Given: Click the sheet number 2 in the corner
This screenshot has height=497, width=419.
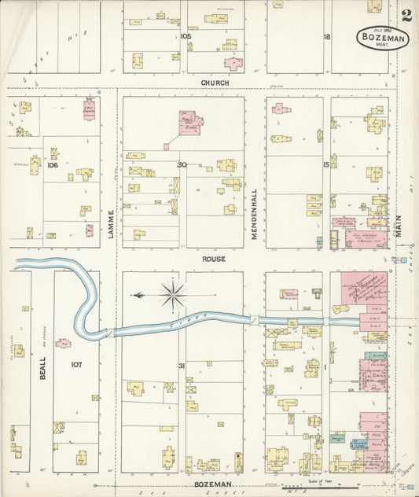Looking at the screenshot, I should (x=406, y=15).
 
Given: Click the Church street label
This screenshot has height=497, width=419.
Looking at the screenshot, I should (x=215, y=83).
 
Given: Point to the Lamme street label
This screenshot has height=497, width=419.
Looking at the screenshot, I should (x=112, y=223).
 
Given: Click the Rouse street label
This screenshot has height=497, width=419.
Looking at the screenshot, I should (x=215, y=259).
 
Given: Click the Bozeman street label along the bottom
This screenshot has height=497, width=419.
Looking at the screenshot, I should (x=215, y=484).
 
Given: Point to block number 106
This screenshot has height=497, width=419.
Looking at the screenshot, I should (x=53, y=165).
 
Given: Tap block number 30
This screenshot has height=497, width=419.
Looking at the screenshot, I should (x=182, y=164).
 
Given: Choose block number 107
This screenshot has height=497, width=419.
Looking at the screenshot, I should (x=75, y=365).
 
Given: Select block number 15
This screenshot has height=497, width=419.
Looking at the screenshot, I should (x=325, y=164).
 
